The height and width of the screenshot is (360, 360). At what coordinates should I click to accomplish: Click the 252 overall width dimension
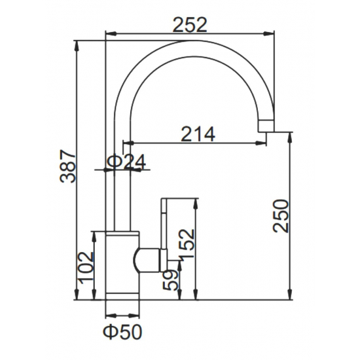click(190, 24)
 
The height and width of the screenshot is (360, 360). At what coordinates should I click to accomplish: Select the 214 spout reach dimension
click(198, 134)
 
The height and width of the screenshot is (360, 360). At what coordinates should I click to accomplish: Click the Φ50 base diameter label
click(123, 332)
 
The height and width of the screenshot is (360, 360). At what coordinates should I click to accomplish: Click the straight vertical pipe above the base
click(123, 190)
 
